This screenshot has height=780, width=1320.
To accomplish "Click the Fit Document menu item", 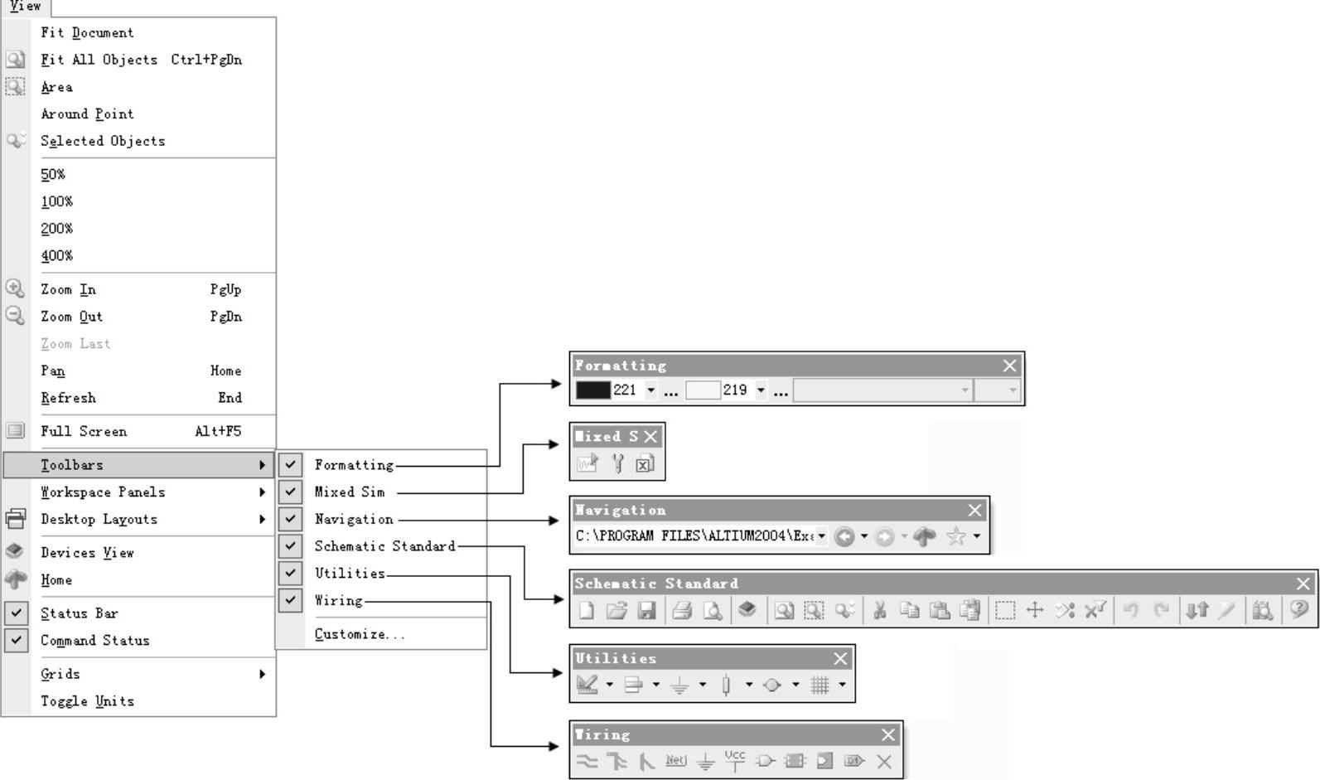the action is (87, 32).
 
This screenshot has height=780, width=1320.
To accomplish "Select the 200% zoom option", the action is (57, 229).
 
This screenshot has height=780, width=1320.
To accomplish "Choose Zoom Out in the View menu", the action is (72, 317).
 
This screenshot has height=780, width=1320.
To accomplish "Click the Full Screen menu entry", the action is (84, 431).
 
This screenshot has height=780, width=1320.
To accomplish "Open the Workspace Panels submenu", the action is (103, 492).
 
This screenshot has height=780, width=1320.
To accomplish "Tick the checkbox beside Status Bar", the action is (16, 613).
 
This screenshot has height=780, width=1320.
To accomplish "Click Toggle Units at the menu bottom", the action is (87, 701).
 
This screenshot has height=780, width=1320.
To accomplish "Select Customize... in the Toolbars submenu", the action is (360, 634).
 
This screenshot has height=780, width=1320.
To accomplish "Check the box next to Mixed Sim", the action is (290, 492).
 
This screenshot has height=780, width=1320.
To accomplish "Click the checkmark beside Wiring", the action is (290, 600).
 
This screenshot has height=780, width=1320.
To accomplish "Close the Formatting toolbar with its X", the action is (1009, 366).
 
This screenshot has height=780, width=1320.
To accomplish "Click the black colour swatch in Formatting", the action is (592, 390).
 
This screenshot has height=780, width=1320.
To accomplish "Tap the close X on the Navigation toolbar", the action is (974, 511).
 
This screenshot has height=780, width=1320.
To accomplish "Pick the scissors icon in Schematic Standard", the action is (880, 611).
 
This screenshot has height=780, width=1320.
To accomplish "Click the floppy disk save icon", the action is (647, 611).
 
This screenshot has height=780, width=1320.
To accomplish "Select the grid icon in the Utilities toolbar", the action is (820, 685).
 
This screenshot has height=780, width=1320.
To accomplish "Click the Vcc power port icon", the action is (734, 760).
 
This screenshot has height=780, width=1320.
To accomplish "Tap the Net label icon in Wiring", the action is (675, 760).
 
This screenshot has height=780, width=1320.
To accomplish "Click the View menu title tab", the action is (26, 7).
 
